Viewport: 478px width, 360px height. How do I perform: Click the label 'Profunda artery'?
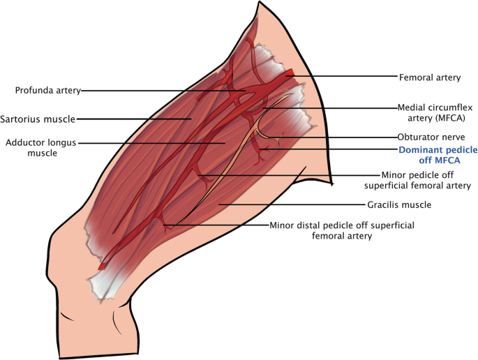tap(48, 89)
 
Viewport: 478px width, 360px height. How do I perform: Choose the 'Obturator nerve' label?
tap(426, 137)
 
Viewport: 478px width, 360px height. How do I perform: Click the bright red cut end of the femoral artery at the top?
tap(290, 73)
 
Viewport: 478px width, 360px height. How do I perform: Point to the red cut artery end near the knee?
tap(103, 266)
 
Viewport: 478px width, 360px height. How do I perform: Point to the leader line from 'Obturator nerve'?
tap(335, 137)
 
